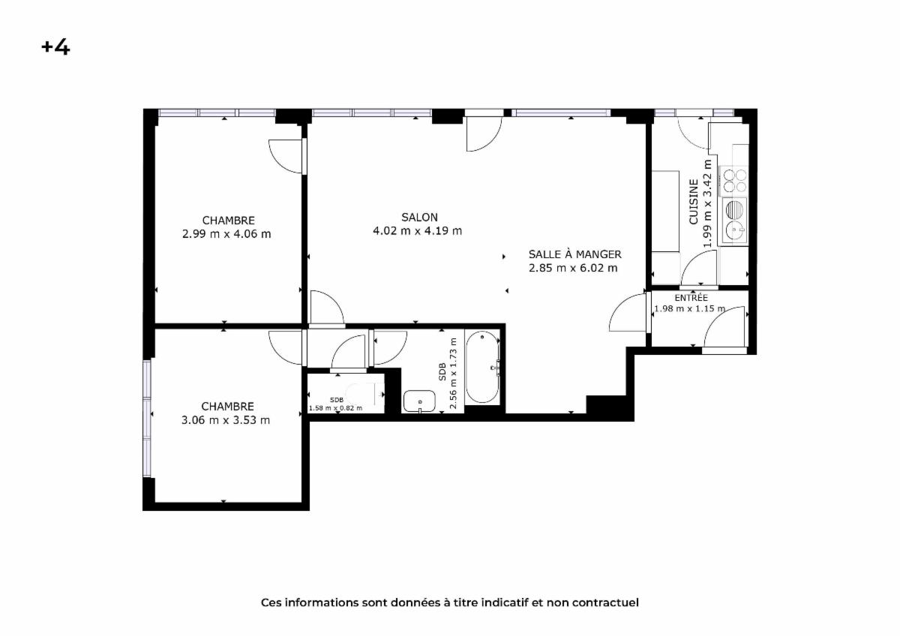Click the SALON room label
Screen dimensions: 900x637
pyautogui.click(x=419, y=218)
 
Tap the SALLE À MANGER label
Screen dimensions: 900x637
pyautogui.click(x=574, y=254)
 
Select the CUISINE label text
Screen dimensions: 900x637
pyautogui.click(x=694, y=202)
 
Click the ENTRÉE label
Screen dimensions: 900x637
pyautogui.click(x=691, y=298)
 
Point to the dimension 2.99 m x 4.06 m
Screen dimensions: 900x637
pyautogui.click(x=226, y=234)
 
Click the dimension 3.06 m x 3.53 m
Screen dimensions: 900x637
pyautogui.click(x=226, y=420)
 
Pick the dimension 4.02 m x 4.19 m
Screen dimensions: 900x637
pyautogui.click(x=418, y=231)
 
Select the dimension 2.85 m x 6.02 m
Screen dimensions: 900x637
pyautogui.click(x=573, y=268)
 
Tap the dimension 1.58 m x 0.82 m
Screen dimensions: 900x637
pyautogui.click(x=335, y=408)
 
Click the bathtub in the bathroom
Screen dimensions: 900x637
pyautogui.click(x=482, y=367)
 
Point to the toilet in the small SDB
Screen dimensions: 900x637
pyautogui.click(x=364, y=393)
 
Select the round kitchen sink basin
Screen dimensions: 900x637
pyautogui.click(x=735, y=230)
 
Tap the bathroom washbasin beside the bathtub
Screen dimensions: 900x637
pyautogui.click(x=419, y=401)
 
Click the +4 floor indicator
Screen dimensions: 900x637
pyautogui.click(x=55, y=47)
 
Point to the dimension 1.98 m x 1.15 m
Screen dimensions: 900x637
pyautogui.click(x=690, y=308)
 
